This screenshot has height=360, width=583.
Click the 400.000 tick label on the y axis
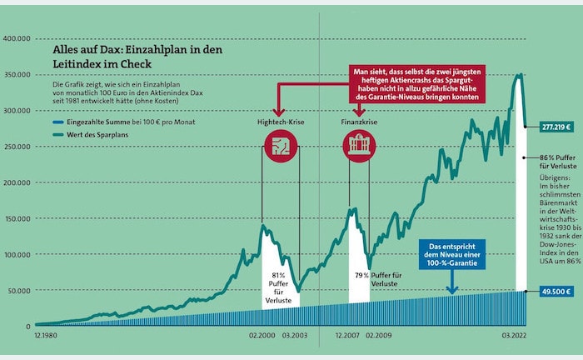coord(17,38)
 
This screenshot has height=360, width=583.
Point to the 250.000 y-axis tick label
coord(17,147)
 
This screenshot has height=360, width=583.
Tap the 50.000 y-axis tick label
coord(18,291)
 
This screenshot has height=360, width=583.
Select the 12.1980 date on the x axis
coord(45,335)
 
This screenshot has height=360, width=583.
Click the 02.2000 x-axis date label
coord(262,335)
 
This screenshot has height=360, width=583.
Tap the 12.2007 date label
coord(348,335)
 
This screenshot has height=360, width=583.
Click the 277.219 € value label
coord(555,127)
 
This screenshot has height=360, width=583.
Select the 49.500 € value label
coord(555,292)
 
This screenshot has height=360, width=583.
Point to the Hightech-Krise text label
coord(277,122)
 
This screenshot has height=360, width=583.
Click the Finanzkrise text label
coord(358,122)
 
